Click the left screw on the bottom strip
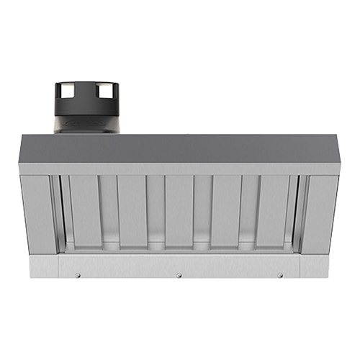point(79,275)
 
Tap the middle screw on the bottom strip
point(179,275)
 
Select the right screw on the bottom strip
point(280,275)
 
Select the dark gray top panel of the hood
point(180,149)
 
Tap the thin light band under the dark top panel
point(180,169)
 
